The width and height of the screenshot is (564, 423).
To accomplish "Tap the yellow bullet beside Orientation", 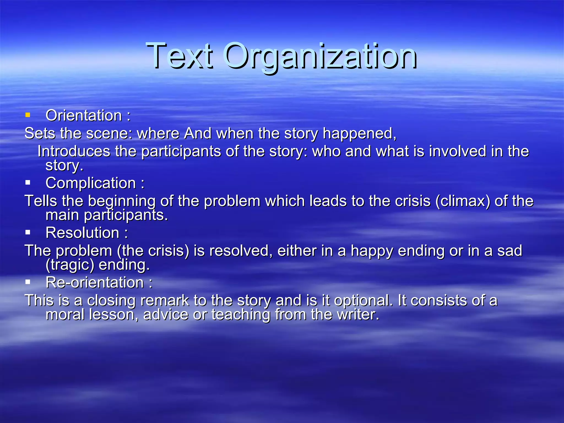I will pos(28,115).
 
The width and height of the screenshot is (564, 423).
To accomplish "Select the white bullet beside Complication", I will pos(28,182).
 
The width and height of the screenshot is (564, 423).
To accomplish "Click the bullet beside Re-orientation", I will pos(28,282).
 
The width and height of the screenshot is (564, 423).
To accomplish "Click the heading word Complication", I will pos(91,183).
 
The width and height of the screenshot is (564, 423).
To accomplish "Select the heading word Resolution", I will pos(82,233).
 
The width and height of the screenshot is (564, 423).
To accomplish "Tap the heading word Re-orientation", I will pos(95,283).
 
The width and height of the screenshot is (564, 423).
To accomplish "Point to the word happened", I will pos(359,134).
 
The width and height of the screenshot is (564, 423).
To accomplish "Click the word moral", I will pos(65,314).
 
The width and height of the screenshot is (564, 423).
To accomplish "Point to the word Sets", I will pos(40,133).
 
